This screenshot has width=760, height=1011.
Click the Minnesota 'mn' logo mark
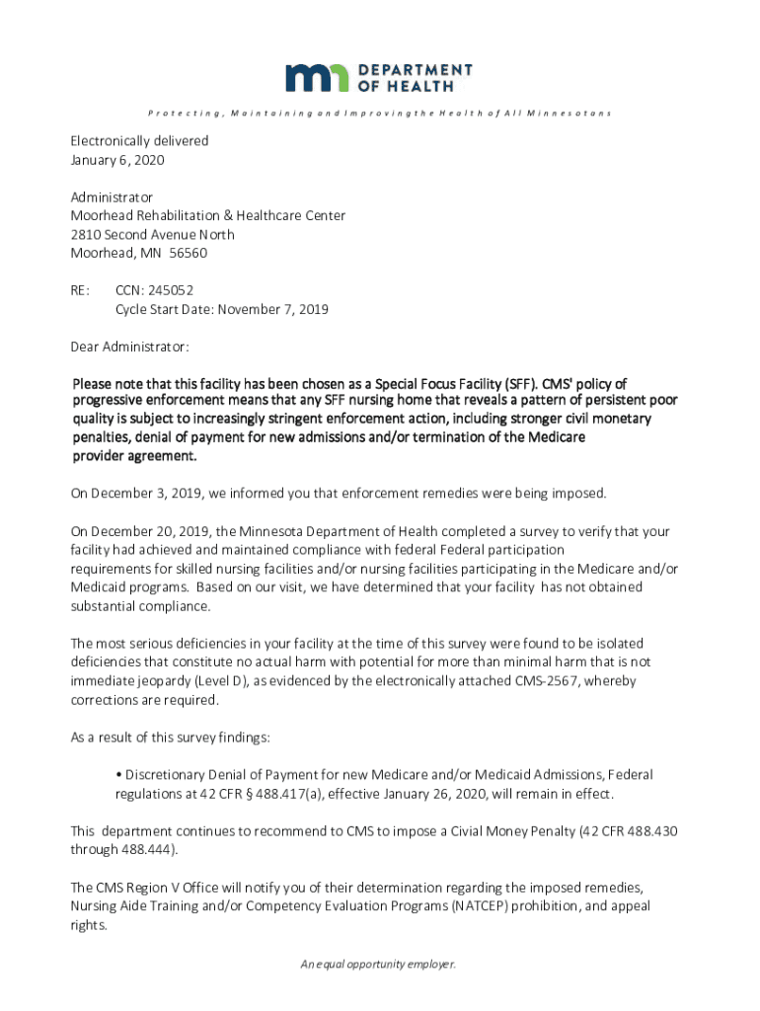(x=317, y=77)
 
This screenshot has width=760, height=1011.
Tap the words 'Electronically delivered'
(x=139, y=141)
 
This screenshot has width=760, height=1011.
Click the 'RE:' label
(x=80, y=290)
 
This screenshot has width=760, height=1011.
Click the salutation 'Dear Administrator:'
(x=129, y=347)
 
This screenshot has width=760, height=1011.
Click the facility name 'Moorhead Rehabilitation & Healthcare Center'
(x=207, y=215)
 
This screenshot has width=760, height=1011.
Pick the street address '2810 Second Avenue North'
(x=152, y=234)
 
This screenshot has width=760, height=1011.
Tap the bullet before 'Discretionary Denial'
(x=118, y=775)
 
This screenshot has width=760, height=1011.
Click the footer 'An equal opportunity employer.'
(x=379, y=965)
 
